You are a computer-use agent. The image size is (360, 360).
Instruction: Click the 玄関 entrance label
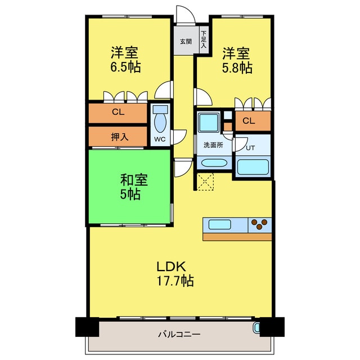click(x=185, y=41)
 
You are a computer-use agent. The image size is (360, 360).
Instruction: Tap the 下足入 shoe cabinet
click(x=203, y=42)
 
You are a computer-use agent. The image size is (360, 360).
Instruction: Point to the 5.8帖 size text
click(x=236, y=68)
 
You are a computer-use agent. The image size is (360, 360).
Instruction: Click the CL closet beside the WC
click(x=117, y=112)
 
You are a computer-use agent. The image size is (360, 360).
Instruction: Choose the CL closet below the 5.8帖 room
click(x=249, y=121)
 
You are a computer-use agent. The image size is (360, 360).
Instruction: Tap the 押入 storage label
click(x=118, y=136)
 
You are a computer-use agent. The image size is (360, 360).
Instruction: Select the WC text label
click(x=159, y=139)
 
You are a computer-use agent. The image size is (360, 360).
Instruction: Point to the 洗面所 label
click(x=213, y=145)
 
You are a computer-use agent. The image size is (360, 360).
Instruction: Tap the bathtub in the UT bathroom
click(x=253, y=167)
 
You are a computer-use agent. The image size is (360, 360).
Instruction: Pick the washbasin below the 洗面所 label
click(x=213, y=164)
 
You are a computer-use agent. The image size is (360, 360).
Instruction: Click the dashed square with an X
click(x=204, y=182)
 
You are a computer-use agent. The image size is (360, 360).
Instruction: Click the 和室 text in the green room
click(x=134, y=181)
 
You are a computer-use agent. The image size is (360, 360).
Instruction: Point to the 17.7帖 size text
click(x=174, y=280)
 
